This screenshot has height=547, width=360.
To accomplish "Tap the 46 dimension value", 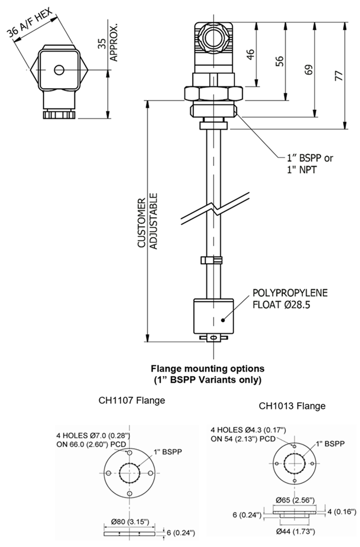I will pyautogui.click(x=251, y=55).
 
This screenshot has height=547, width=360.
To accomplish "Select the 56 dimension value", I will pyautogui.click(x=280, y=61).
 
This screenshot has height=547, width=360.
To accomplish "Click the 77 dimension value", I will pyautogui.click(x=339, y=76).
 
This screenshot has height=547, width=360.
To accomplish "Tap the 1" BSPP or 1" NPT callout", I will pyautogui.click(x=308, y=164).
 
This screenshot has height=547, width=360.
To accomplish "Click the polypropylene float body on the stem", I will pyautogui.click(x=214, y=316).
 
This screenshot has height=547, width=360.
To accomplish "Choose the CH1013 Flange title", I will pyautogui.click(x=292, y=406).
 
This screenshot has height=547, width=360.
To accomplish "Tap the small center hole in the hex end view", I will pyautogui.click(x=60, y=69).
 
